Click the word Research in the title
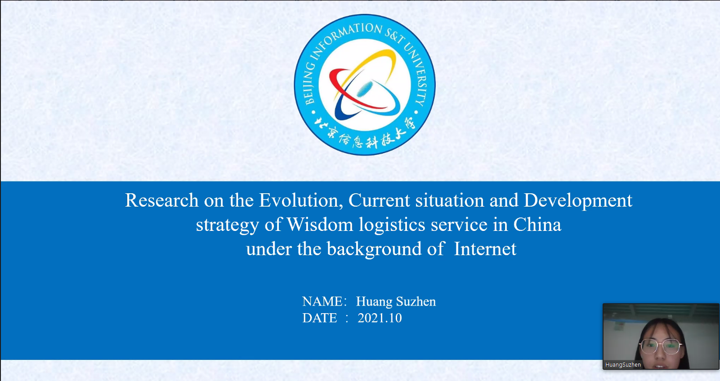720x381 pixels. [162, 200]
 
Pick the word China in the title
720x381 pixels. [537, 224]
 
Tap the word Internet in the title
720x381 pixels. [485, 248]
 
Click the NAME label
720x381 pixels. [322, 301]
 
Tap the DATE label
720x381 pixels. [319, 318]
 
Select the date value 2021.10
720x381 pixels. [380, 318]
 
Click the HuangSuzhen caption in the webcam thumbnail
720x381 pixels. [623, 365]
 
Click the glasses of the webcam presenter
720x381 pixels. [661, 346]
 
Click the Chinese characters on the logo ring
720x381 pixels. [365, 135]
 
